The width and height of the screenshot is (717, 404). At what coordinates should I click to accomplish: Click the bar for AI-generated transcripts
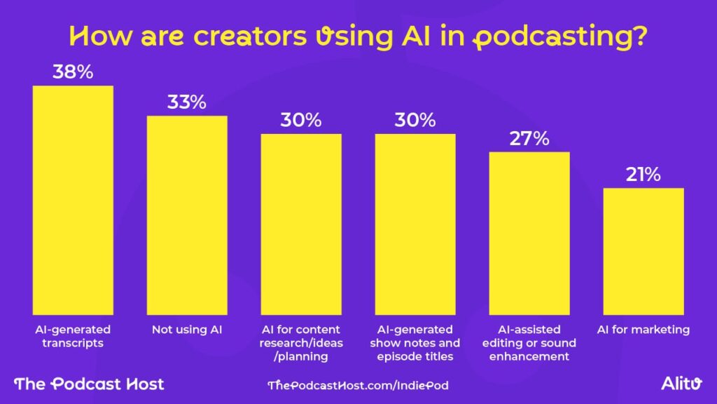(74, 200)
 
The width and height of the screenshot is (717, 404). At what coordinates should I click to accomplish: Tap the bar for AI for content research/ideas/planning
(301, 224)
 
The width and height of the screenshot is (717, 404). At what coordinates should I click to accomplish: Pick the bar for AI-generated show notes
(415, 224)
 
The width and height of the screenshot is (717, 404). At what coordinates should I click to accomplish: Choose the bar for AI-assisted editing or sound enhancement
(529, 233)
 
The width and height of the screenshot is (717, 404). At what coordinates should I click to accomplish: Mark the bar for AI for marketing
(643, 251)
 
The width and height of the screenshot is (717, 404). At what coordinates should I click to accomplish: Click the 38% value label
(74, 72)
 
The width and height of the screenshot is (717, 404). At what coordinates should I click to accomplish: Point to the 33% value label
(187, 102)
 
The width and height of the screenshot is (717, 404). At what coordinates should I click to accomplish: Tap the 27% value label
(529, 138)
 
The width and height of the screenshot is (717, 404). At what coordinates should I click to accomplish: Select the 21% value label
(643, 175)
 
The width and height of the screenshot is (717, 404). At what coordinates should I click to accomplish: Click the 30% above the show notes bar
(415, 120)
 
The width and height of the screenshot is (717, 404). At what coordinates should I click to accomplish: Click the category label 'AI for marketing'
(643, 329)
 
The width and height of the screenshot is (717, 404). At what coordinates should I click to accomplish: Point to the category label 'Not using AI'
(187, 329)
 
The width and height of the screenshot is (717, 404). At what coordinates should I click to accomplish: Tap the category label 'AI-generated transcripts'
(74, 336)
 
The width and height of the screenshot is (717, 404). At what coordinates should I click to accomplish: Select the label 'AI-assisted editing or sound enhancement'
(529, 343)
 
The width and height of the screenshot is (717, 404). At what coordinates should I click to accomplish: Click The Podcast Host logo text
(89, 384)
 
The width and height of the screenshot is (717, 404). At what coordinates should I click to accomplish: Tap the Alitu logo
(681, 383)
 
